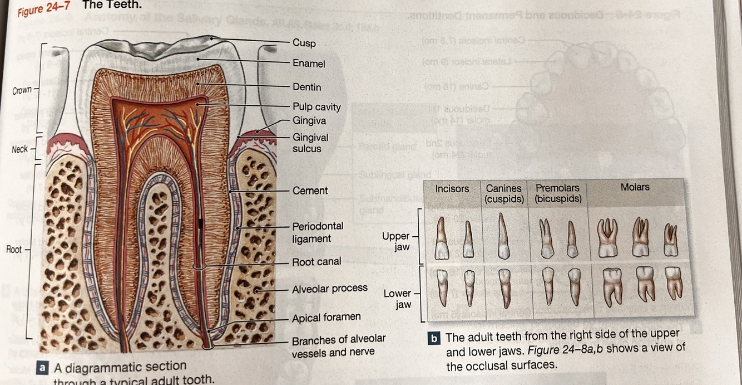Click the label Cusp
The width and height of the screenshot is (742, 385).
[x=304, y=43]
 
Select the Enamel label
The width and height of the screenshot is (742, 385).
[x=309, y=64]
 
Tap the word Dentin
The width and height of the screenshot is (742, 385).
[x=306, y=87]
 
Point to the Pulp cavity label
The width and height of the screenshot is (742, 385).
[x=316, y=106]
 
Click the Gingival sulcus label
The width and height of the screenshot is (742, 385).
[x=310, y=143]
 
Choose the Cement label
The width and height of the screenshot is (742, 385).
[x=310, y=191]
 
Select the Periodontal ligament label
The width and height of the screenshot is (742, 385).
[x=318, y=232]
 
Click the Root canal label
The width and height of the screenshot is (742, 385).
[x=316, y=261]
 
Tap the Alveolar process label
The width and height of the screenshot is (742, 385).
[x=329, y=289]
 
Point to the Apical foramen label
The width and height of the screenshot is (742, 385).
[x=326, y=317]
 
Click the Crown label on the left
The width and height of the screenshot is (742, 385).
[x=22, y=90]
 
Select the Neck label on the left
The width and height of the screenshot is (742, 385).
[x=19, y=149]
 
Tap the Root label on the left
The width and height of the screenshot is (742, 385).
[x=14, y=249]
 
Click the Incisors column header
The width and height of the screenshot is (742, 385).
[x=452, y=189]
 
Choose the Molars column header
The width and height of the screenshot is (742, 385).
[x=635, y=187]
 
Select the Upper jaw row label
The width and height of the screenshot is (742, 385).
[x=395, y=241]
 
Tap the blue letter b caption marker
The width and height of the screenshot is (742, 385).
[x=434, y=338]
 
